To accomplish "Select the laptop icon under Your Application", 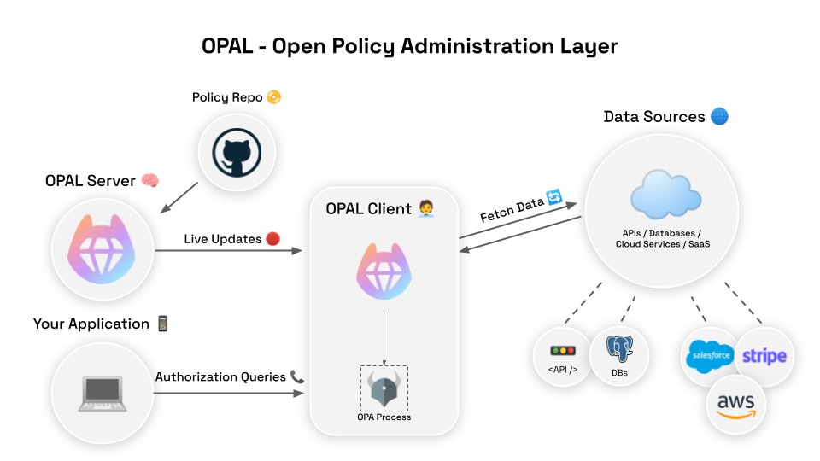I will coord(102,393).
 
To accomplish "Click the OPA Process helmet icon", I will coord(384,388).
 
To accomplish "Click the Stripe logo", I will coord(764,356).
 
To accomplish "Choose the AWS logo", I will coord(736,405).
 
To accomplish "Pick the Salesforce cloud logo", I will coord(710,356).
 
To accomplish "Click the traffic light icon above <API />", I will coord(563,351).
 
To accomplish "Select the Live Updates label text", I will coord(222,239).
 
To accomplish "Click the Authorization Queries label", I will coord(221,376).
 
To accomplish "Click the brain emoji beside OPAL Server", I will coord(150,181).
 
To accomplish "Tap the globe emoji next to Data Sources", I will coord(719,116).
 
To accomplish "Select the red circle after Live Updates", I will coord(273,239).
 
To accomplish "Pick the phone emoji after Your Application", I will coord(163,324).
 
